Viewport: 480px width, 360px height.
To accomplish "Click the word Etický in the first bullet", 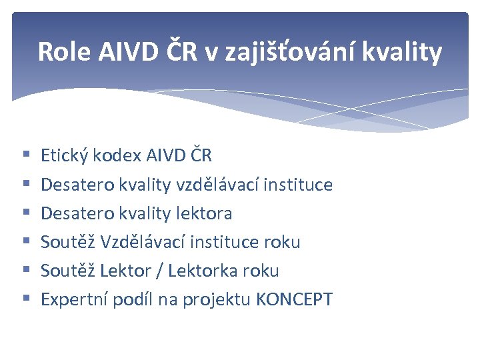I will (65, 156).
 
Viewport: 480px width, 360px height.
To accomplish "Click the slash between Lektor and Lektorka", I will (161, 271).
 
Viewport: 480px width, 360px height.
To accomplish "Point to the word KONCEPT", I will (294, 299).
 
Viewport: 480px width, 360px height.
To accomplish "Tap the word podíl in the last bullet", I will (133, 299).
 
